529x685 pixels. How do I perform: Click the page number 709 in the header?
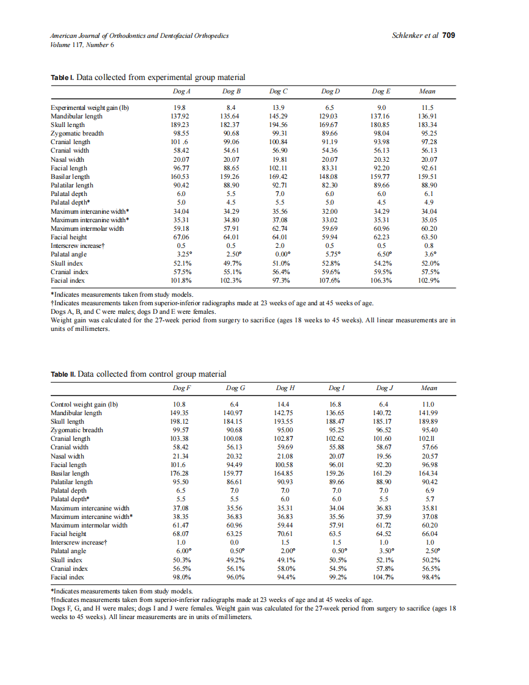click(449, 35)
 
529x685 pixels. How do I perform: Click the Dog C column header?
click(279, 92)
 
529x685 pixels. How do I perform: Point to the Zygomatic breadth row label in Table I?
click(77, 133)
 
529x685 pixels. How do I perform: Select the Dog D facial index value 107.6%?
click(330, 280)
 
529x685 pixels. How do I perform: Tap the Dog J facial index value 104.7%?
click(384, 577)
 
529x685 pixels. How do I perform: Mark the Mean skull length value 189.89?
click(429, 421)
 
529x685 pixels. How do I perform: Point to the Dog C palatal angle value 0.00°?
click(279, 254)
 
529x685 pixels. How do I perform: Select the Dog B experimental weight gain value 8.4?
click(232, 107)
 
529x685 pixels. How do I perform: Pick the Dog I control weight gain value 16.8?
click(335, 404)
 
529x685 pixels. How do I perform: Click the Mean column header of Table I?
click(428, 92)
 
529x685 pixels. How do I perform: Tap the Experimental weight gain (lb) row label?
click(90, 107)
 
